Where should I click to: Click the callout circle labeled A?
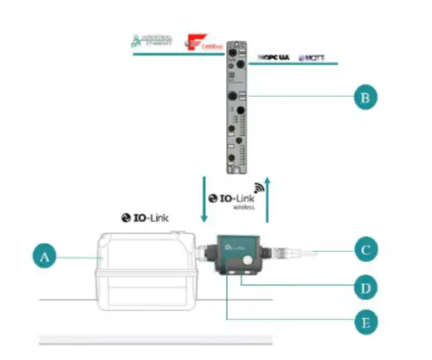pos(44,258)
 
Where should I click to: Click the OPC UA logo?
pos(276,56)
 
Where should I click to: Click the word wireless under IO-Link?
pos(244,208)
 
